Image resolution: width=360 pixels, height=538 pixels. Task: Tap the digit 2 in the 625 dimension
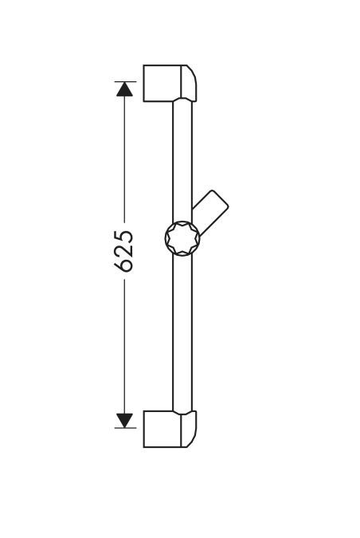(x=125, y=250)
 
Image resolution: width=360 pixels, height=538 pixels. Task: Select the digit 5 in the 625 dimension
(x=125, y=237)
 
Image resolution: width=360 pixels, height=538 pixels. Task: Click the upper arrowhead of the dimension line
(x=124, y=88)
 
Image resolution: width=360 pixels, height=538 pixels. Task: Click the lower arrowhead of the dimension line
(x=124, y=420)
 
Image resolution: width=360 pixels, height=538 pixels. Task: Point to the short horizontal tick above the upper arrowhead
(x=125, y=81)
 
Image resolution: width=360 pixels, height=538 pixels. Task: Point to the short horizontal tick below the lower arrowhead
(x=125, y=428)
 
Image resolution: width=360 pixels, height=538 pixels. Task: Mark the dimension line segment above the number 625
(x=124, y=159)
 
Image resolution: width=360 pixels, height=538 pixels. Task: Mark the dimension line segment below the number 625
(x=124, y=343)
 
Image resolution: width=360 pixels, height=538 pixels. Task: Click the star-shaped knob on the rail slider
(x=182, y=238)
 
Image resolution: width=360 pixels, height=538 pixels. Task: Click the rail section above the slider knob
(x=182, y=159)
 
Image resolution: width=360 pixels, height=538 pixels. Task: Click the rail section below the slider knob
(x=182, y=335)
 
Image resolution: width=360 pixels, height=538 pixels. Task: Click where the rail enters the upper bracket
(x=182, y=102)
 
